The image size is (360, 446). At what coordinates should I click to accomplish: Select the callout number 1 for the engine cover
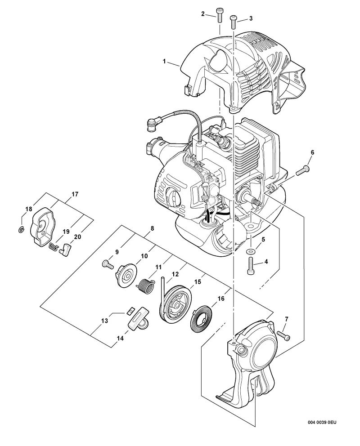point(164,61)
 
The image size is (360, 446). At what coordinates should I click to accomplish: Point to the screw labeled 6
point(303,170)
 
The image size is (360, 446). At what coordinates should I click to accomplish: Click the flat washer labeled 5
point(251,252)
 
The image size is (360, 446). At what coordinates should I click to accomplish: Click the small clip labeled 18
point(21,230)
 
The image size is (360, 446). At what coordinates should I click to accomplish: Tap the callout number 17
point(75,194)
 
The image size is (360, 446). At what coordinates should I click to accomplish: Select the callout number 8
point(152,228)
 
